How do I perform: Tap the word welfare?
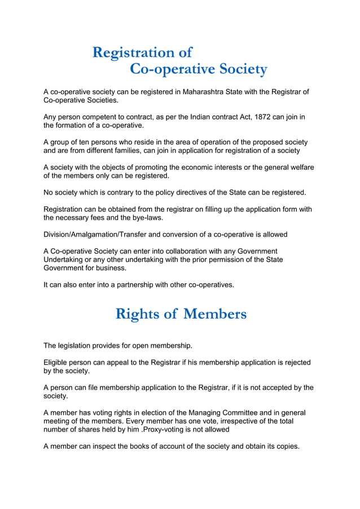click(x=300, y=167)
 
